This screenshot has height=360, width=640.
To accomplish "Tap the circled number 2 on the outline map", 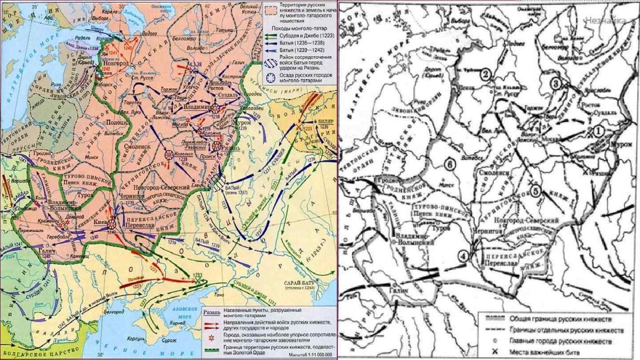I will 485,75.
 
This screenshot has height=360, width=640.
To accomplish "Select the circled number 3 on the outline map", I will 556,83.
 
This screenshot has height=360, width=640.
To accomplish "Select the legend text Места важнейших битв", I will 550,352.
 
